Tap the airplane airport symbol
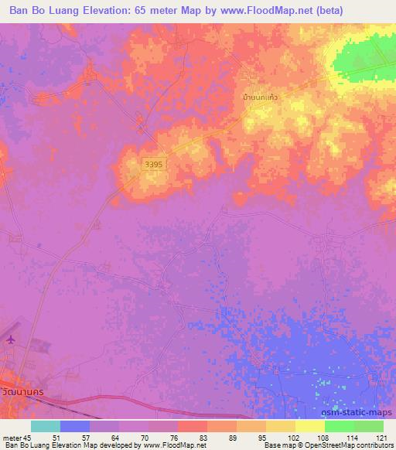[x=9, y=339]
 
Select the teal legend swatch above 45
[x=45, y=425]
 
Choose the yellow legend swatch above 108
[x=309, y=425]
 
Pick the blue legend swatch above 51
[x=74, y=425]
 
